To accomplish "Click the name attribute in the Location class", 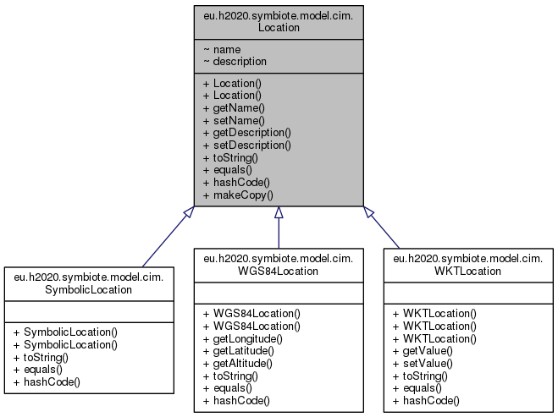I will coord(228,49).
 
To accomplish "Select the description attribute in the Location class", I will coord(240,61).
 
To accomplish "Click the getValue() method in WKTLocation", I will coord(429,350).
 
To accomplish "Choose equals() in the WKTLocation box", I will coord(423,387).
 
